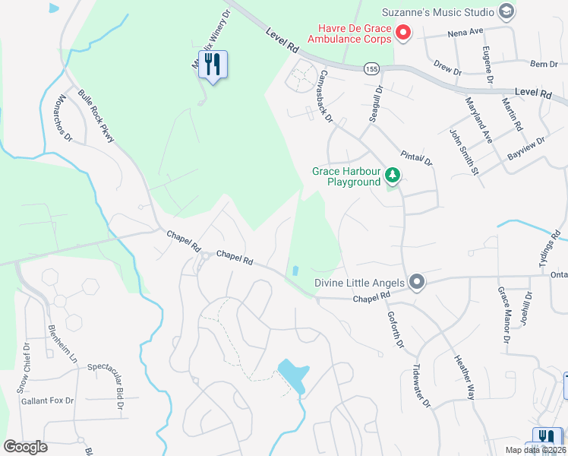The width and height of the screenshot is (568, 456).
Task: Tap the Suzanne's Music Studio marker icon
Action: [x=506, y=11]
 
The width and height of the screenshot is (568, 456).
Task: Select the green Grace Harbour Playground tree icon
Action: [x=392, y=176]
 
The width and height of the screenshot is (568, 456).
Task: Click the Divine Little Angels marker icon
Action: [x=416, y=283]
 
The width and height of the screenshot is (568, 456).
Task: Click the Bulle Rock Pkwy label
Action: [x=96, y=116]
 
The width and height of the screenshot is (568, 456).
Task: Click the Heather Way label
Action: [x=464, y=377]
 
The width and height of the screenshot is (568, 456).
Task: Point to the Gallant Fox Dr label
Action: [x=47, y=401]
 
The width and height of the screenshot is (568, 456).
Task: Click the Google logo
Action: [x=25, y=446]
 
